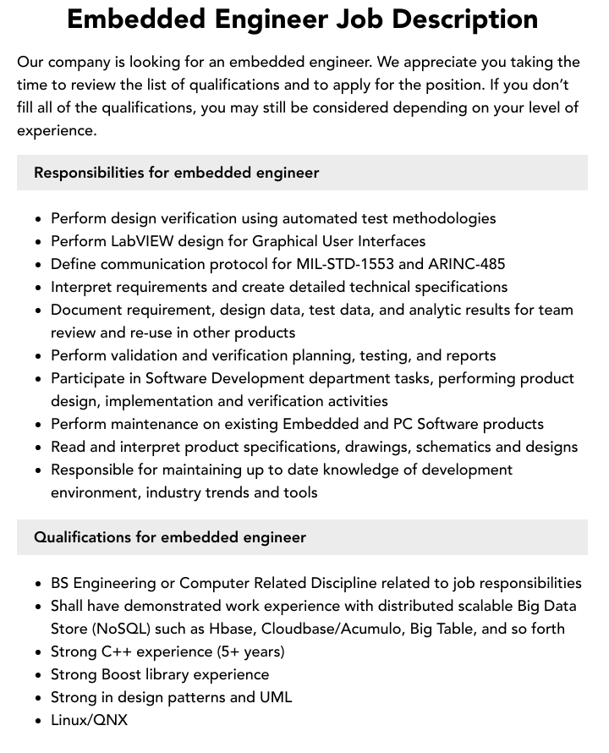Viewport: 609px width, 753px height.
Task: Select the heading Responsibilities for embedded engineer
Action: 176,173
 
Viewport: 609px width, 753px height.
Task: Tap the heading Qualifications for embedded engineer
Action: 169,537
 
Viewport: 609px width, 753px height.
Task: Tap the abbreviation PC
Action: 403,424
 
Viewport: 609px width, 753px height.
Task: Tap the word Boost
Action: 121,674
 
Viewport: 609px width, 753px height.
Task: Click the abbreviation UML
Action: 275,697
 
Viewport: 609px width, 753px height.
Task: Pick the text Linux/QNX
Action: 89,720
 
